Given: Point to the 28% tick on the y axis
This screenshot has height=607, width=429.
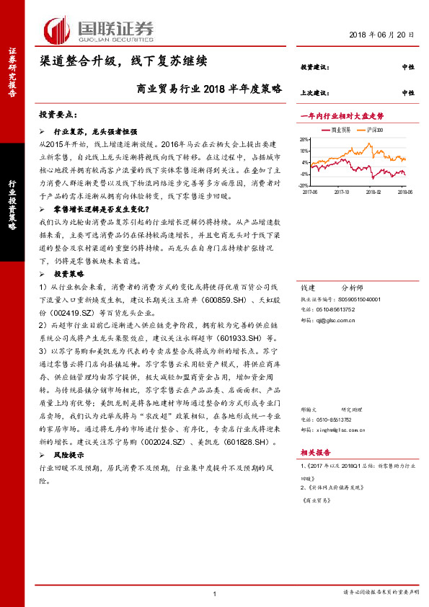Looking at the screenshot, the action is [x=305, y=140].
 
